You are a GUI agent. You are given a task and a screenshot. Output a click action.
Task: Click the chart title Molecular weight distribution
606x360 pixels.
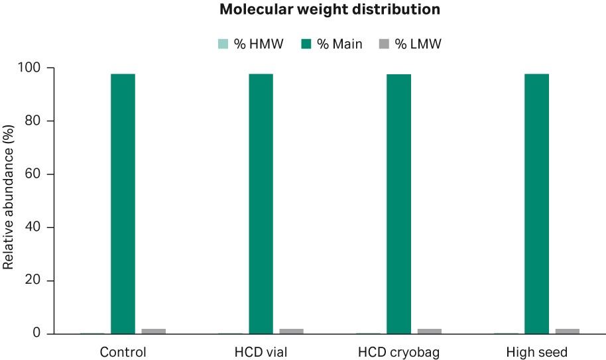click(330, 10)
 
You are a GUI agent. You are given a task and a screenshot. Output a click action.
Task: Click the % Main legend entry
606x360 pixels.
click(332, 44)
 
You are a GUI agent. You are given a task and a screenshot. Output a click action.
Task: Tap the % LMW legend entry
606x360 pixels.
click(410, 44)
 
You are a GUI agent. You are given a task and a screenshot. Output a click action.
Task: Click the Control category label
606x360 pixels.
click(123, 351)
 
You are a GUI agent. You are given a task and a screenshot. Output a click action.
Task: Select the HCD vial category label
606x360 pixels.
click(261, 351)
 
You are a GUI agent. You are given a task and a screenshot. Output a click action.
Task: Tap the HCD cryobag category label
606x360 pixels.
click(398, 351)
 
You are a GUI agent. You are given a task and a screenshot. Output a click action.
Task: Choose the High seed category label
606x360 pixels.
click(536, 351)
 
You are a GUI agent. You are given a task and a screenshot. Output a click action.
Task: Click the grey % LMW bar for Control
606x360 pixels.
click(153, 331)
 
